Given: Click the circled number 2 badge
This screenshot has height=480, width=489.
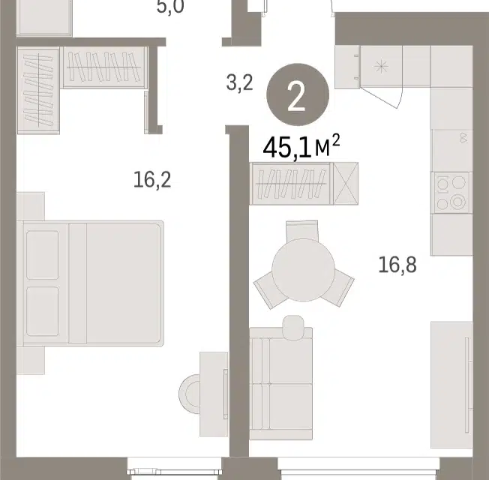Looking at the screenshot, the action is [298, 94].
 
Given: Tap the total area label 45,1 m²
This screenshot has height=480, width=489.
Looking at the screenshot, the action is [301, 146].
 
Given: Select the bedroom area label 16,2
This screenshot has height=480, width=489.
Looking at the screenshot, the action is [152, 180].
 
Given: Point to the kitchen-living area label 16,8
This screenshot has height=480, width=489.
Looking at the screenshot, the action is [397, 265].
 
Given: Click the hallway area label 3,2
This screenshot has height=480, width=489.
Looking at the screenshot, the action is [239, 83].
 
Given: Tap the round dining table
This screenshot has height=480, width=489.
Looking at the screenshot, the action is [304, 270].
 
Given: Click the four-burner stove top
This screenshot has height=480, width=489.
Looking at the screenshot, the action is [452, 193].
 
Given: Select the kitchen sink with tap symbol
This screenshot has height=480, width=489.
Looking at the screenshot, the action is [452, 150].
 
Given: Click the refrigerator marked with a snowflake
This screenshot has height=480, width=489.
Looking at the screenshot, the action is [381, 67].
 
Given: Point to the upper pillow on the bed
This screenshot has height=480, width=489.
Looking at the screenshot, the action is [43, 255].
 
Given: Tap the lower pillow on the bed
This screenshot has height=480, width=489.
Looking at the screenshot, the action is [43, 311].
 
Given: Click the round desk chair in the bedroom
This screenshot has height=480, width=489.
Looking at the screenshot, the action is [190, 394].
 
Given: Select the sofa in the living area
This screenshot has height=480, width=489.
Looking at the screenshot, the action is [281, 383].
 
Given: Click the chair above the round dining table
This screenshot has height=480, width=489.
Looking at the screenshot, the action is [302, 230].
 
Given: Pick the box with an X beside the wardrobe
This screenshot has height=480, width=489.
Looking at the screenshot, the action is [346, 184].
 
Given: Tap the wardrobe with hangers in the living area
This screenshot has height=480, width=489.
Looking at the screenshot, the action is [292, 184].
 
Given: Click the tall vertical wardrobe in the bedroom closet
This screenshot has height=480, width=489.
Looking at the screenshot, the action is [38, 90].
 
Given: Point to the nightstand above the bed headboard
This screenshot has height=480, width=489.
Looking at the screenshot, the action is [31, 206].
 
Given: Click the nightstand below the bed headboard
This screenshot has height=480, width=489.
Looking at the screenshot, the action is [31, 361].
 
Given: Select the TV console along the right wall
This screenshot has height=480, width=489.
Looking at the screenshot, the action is [451, 385].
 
